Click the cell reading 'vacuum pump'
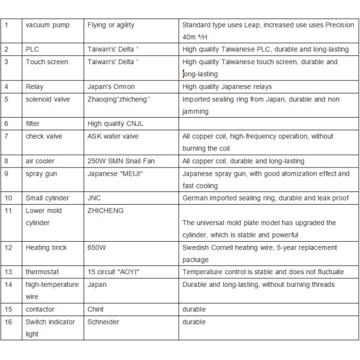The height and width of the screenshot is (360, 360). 47,25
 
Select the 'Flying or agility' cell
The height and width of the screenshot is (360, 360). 111,25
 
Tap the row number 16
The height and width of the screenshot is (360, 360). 8,322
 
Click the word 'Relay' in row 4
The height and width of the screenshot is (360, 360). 35,87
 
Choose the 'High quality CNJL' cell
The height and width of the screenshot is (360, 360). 116,124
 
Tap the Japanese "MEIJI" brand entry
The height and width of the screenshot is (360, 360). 116,173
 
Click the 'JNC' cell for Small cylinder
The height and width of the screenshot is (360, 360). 94,198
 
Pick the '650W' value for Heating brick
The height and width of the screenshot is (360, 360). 96,247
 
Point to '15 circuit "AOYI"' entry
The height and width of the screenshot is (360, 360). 115,272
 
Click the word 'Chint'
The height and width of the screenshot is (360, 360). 96,309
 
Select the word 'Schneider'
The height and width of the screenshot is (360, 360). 103,322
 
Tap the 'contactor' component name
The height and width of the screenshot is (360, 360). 40,309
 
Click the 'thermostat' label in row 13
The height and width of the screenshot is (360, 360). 43,272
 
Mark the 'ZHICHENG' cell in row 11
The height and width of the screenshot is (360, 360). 106,211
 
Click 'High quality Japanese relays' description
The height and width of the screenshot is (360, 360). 227,87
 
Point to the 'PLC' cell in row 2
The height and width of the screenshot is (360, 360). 32,50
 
